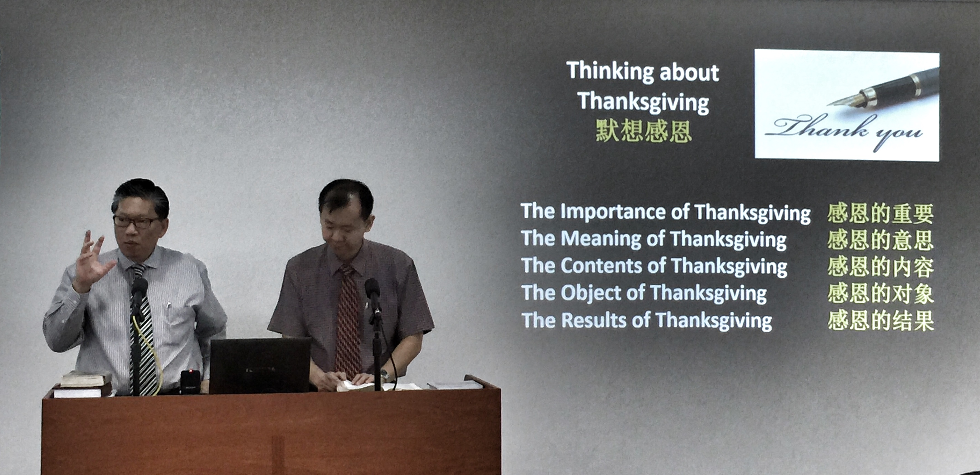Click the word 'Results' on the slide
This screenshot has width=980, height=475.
point(594,320)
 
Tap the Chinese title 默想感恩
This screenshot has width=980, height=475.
point(643,131)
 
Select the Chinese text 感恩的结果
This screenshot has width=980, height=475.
point(880,321)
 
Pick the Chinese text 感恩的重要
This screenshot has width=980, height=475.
point(880,214)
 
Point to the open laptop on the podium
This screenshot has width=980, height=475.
point(260,366)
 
